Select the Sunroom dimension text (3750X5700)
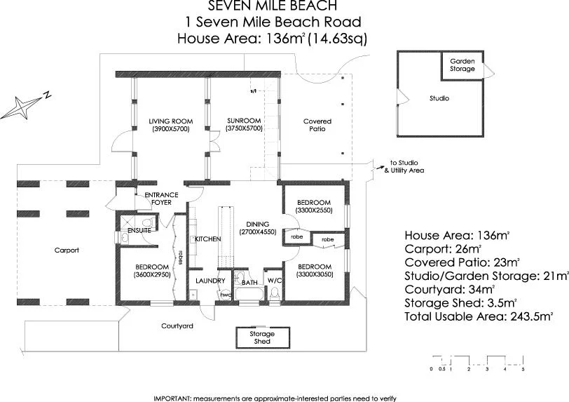click(244, 129)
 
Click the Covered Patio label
click(317, 126)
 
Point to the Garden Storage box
click(462, 65)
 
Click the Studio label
click(439, 99)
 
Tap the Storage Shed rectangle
click(262, 337)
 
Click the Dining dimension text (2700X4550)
click(257, 232)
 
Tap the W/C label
click(273, 281)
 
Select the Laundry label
click(210, 281)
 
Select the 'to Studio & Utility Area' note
click(403, 166)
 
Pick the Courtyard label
click(177, 326)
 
